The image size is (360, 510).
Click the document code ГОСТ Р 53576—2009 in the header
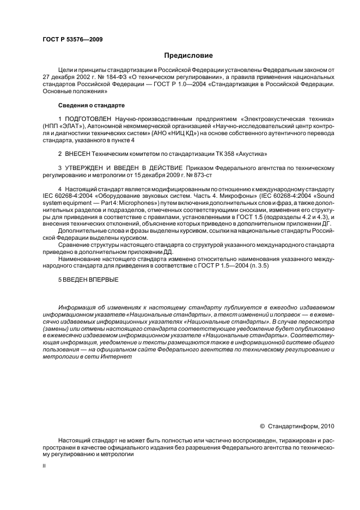[72, 40]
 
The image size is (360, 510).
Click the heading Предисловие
[188, 56]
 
